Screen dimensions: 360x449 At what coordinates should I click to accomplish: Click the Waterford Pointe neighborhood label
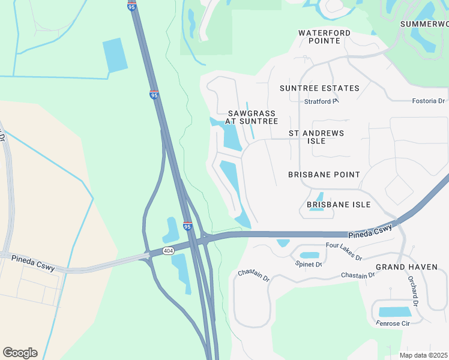pos(319,37)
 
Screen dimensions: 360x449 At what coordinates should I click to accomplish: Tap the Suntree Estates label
pos(319,88)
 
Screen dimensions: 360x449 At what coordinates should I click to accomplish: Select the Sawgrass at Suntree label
pos(252,117)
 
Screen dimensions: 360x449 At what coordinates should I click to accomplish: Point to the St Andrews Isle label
pos(316,137)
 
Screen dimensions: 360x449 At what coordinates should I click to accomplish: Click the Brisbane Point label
pos(324,175)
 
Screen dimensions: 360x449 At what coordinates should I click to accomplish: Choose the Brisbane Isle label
pos(339,205)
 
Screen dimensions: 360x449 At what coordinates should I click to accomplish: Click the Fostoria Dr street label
pos(428,101)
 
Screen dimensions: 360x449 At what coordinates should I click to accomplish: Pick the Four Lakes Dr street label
pos(344,251)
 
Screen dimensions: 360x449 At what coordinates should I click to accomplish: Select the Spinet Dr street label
pos(309,264)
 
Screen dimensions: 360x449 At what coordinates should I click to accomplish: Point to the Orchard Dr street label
pos(413,289)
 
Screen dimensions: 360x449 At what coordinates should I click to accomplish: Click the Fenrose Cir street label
pos(392,324)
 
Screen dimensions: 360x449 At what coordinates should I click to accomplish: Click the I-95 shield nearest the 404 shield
pos(187,226)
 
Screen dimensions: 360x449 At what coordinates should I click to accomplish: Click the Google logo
pos(20,353)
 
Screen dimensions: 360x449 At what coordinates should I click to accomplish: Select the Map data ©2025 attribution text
pos(424,355)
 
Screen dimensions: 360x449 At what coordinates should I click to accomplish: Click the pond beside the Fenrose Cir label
pos(395,312)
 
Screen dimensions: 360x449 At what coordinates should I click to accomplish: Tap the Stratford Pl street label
pos(321,101)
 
